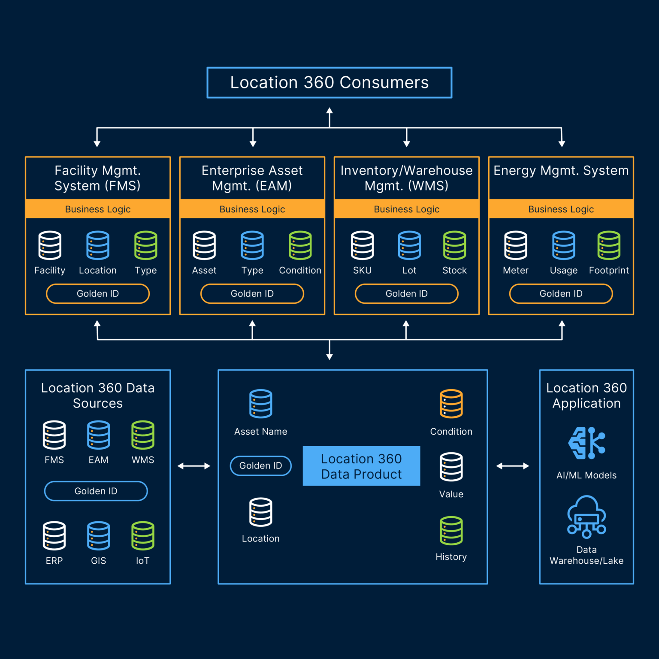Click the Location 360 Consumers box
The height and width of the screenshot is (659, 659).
coord(329,82)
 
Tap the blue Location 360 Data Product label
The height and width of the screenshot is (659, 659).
coord(361,466)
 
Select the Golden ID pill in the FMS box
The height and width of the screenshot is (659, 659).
coord(98,294)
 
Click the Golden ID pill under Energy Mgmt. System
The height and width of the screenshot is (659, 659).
coord(561,294)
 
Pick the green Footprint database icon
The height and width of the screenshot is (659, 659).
coord(609,245)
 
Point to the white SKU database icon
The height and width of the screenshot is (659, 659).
coord(362,245)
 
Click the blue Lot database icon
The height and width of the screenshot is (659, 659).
coord(409,245)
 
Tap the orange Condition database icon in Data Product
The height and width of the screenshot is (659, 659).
coord(451,404)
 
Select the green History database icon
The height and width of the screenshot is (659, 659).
coord(451,531)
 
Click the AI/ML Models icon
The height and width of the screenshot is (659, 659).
coord(586,443)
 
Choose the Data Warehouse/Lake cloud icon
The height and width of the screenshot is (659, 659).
coord(586,517)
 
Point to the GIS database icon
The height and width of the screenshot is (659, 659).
coord(98,536)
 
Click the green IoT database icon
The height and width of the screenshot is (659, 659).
coord(142,536)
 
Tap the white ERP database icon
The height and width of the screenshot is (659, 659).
coord(54,536)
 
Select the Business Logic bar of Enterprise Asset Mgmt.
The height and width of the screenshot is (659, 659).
coord(252,209)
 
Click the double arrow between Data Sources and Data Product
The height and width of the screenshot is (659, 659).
coord(194,466)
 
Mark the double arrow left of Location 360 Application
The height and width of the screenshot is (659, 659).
coord(513,466)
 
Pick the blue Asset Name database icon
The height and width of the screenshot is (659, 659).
coord(260,404)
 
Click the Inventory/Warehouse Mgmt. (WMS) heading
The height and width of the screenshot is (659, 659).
coord(406,178)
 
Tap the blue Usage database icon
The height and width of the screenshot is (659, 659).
coord(563,245)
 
